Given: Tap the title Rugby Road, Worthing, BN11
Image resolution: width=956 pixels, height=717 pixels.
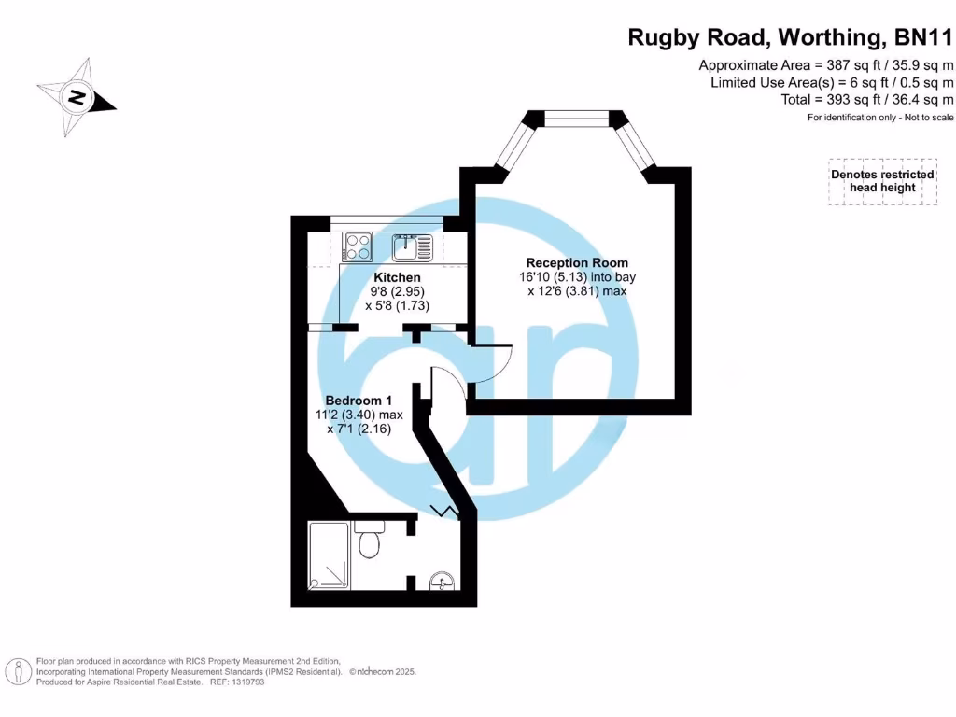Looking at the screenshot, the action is (790, 38).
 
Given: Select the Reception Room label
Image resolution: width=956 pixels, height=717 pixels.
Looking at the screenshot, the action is (577, 262).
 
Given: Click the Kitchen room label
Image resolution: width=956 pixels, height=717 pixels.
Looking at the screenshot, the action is (397, 277).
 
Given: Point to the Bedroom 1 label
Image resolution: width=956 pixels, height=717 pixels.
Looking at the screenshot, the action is (359, 400).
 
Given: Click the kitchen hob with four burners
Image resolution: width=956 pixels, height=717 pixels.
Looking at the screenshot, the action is (358, 247).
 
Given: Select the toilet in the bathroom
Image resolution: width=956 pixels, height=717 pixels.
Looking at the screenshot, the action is (370, 541).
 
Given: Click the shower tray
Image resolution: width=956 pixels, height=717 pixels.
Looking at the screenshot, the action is (329, 555).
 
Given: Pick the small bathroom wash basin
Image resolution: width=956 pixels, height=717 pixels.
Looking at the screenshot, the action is (442, 583).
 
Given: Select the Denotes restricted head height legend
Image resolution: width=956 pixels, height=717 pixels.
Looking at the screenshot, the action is (882, 181).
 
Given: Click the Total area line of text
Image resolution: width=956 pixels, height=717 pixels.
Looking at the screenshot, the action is (867, 100).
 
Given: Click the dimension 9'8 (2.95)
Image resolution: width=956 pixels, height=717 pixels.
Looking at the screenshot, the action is (397, 291).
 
